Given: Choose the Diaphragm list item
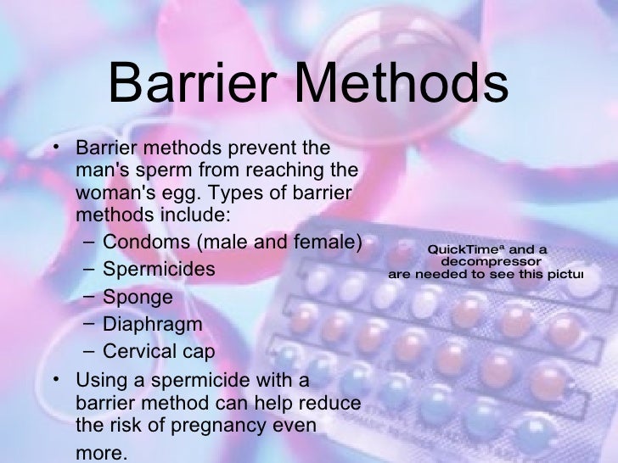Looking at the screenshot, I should click(x=152, y=324).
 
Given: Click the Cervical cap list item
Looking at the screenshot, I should click(x=159, y=351).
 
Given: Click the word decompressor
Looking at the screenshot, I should click(x=487, y=262).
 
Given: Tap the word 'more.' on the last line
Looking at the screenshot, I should click(x=103, y=451).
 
